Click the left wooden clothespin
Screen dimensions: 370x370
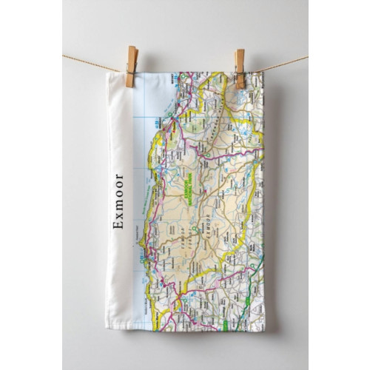[x=131, y=66]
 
